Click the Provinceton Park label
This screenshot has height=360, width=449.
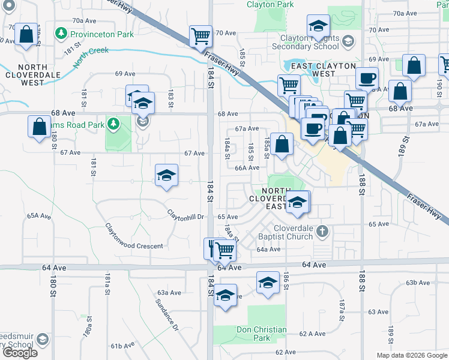[x=101, y=34]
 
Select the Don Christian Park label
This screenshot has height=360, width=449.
[x=261, y=334]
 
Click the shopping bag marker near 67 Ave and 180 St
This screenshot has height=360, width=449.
[x=39, y=127]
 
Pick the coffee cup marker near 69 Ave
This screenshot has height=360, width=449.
[x=367, y=77]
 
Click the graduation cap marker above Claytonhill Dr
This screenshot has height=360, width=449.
[x=166, y=175]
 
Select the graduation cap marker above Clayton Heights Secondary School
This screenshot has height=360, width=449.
[x=318, y=25]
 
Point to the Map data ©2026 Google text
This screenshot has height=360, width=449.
[x=412, y=355]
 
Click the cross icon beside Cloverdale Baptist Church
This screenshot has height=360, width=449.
[x=322, y=230]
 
